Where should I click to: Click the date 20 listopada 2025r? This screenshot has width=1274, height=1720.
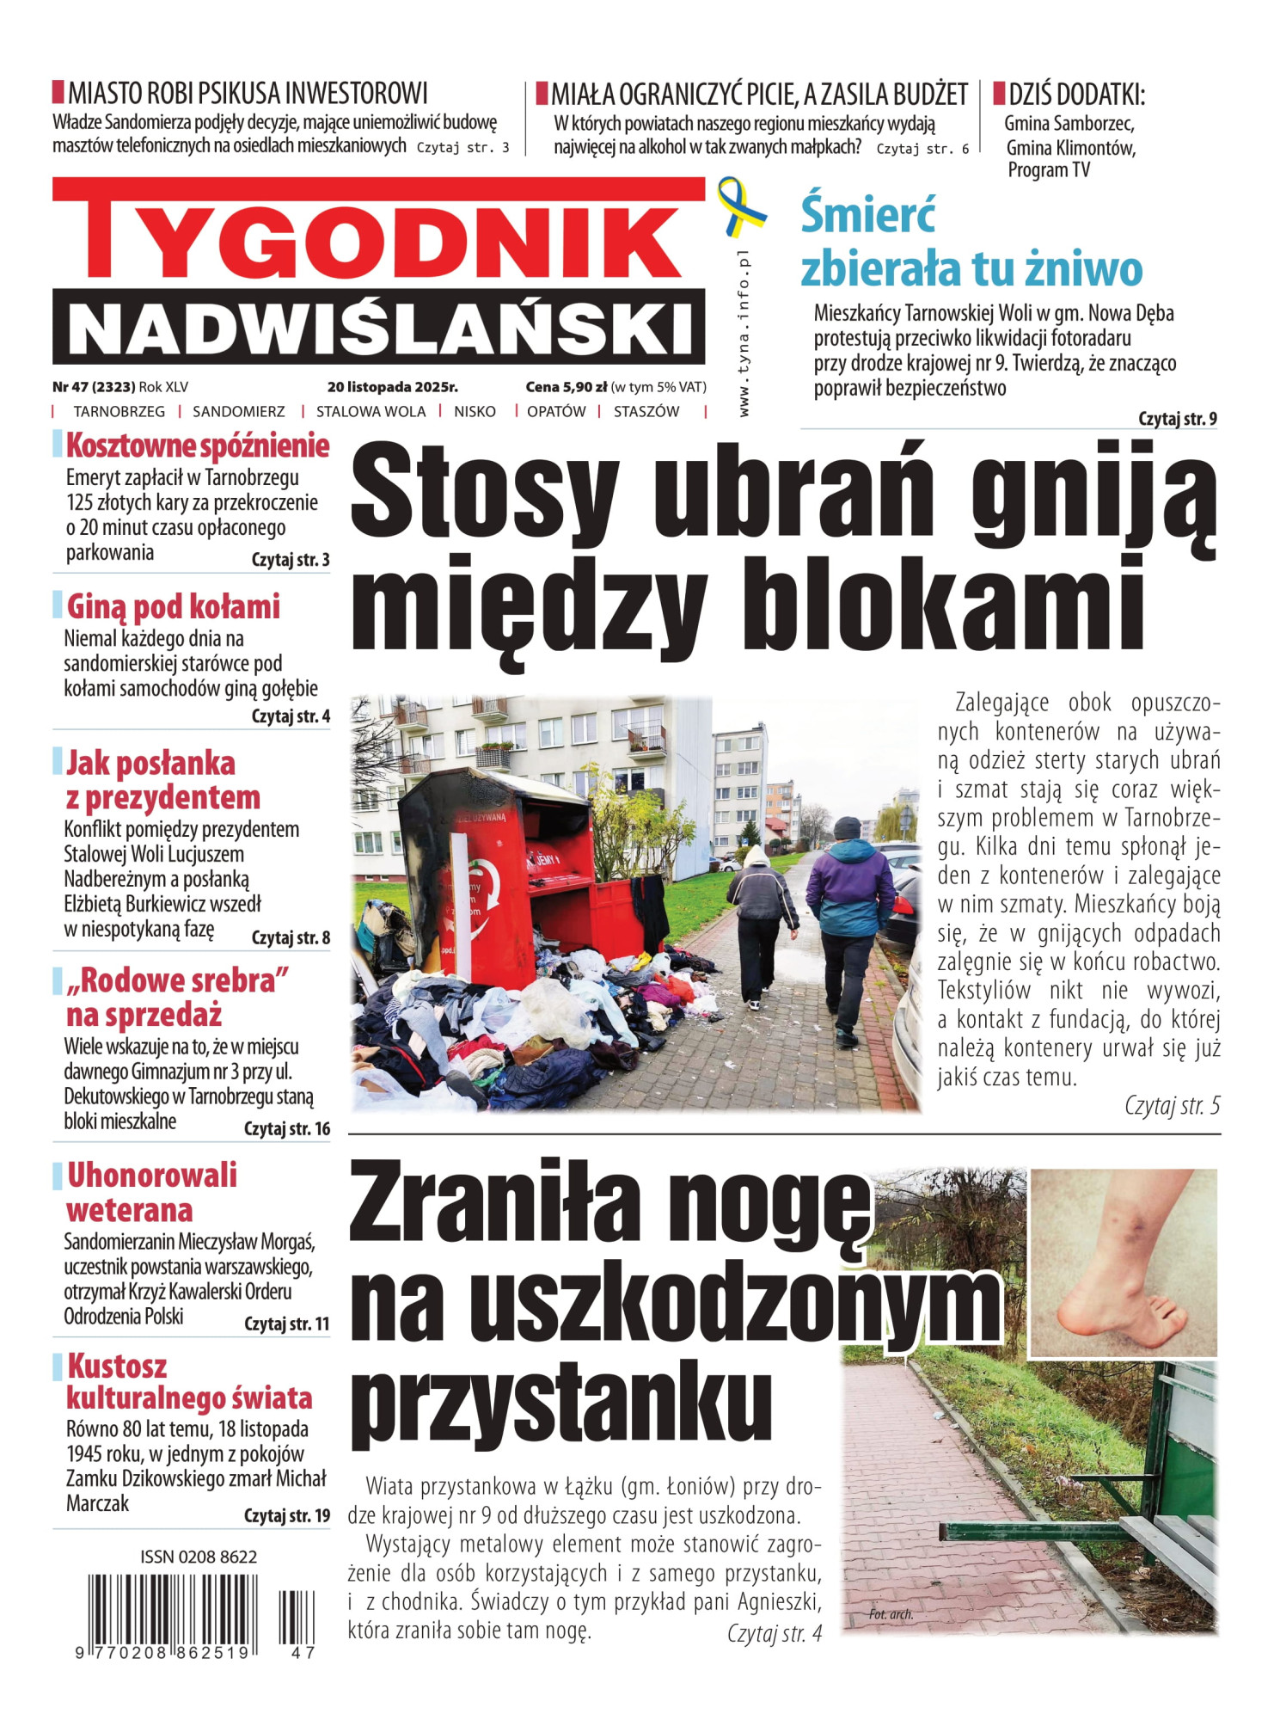point(392,388)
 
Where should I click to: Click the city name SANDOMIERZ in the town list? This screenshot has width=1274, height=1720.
point(238,412)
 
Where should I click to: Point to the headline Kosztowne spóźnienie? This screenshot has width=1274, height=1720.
point(198,446)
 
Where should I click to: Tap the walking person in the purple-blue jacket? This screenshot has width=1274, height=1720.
point(848,912)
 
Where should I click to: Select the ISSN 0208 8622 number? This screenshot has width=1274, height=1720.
point(199,1557)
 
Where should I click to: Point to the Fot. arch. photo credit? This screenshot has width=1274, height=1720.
point(891,1614)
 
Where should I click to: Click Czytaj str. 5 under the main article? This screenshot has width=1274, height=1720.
point(1172,1106)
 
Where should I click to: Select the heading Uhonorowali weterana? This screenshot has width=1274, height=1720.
point(151,1192)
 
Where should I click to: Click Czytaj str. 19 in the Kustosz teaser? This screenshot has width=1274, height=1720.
point(286,1515)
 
